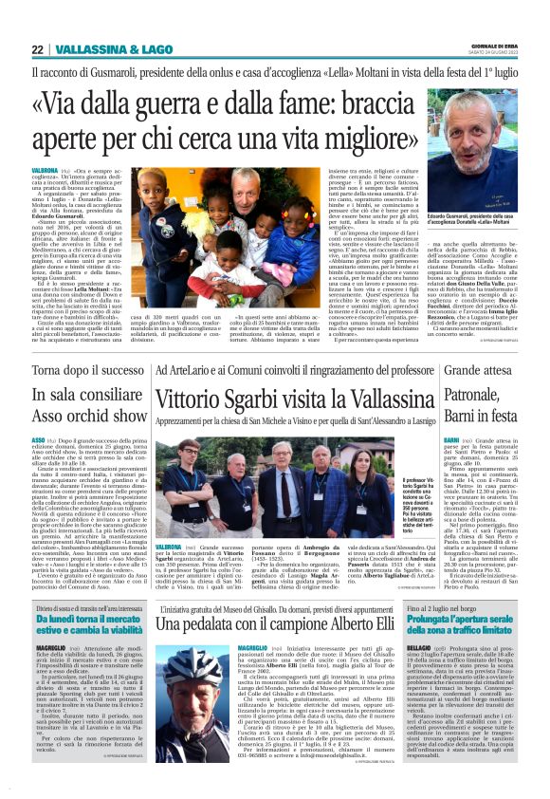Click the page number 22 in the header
(37, 49)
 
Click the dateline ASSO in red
(39, 441)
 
